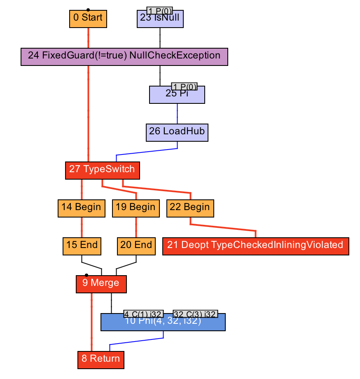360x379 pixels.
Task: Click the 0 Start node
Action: [88, 19]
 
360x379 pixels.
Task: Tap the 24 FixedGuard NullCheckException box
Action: [124, 56]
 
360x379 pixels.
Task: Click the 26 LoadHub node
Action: [177, 132]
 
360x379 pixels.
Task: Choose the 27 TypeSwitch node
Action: [103, 170]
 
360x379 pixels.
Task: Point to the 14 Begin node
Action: [81, 208]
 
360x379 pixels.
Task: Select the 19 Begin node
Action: [136, 208]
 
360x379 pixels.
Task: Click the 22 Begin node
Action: [190, 208]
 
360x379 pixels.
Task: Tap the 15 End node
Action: [82, 246]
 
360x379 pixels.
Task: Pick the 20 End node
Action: [136, 246]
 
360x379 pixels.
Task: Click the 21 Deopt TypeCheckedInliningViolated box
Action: [255, 246]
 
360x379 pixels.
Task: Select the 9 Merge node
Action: [101, 284]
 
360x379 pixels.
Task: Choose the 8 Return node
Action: [101, 360]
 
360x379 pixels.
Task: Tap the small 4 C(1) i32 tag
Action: [144, 314]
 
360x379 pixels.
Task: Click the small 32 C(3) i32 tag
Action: [195, 314]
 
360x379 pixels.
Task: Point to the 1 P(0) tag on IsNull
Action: [159, 10]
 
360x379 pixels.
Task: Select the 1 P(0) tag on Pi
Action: [184, 86]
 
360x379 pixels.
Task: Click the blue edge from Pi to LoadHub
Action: [178, 113]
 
